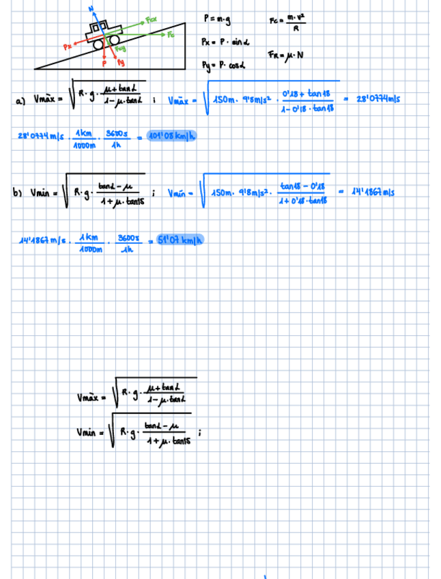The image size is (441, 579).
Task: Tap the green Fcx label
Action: coord(152,20)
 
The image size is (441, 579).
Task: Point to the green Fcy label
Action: coord(121,48)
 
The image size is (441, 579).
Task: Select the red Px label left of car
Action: coord(66,46)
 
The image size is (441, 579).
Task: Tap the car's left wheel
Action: coord(100,42)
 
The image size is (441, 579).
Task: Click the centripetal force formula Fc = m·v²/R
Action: coord(286,23)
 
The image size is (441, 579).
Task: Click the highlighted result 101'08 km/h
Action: coord(170,135)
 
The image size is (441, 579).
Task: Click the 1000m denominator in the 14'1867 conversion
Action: coord(90,249)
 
